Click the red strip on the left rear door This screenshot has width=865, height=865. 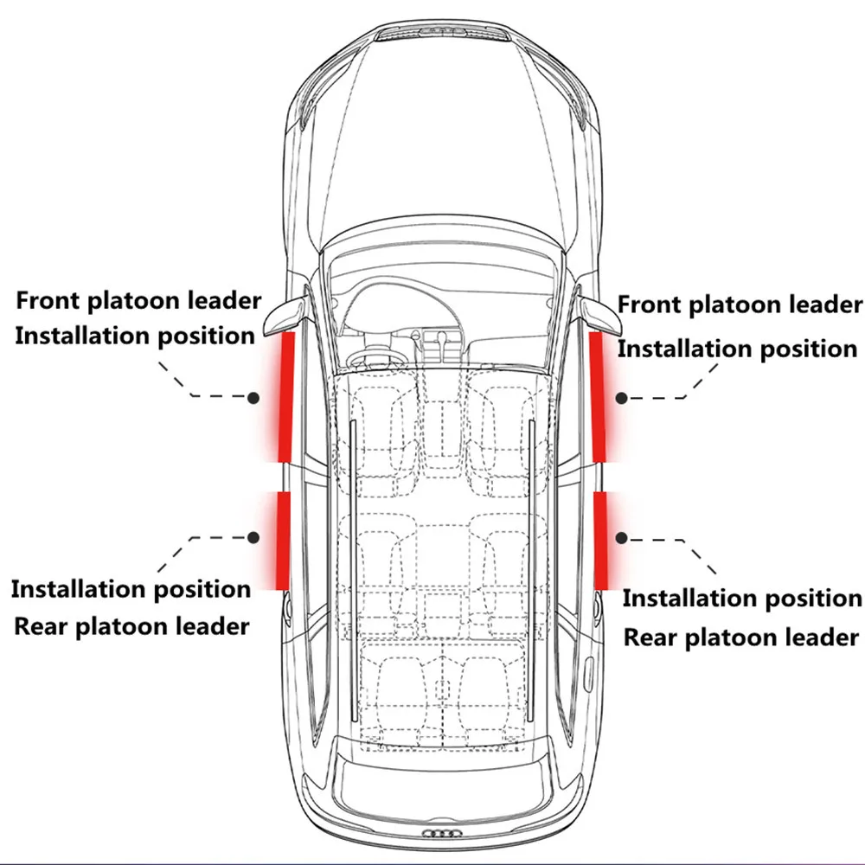[282, 539]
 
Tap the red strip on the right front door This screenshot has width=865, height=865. [597, 396]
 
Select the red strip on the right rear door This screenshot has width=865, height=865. [599, 539]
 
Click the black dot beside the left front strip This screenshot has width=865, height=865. [253, 398]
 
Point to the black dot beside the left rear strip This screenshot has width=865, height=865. [253, 537]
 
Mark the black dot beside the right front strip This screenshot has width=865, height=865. [621, 398]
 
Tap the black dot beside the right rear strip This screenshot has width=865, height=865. [620, 537]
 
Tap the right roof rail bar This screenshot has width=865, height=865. [530, 571]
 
